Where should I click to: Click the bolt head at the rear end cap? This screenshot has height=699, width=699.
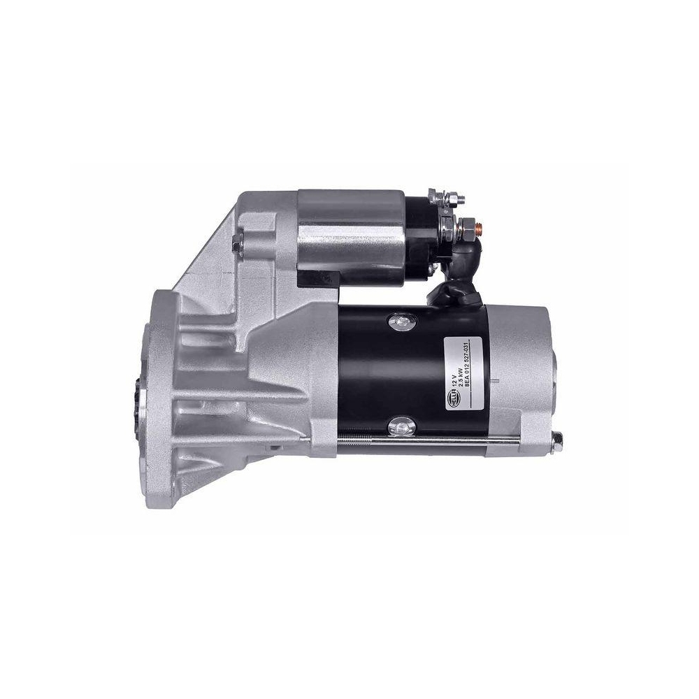pyautogui.click(x=558, y=439)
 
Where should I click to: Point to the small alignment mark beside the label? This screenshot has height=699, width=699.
pyautogui.click(x=496, y=380)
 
